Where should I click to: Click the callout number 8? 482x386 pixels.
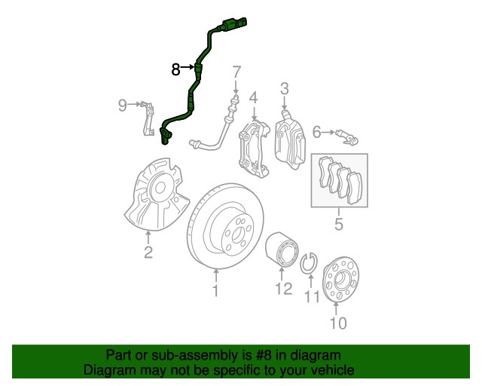click(175, 69)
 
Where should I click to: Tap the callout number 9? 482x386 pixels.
click(123, 106)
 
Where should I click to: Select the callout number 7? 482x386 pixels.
click(236, 73)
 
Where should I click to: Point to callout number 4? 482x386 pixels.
click(254, 97)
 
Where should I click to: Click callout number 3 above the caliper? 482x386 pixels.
click(285, 89)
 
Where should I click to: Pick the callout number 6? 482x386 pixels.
click(317, 133)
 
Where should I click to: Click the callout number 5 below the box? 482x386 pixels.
click(339, 223)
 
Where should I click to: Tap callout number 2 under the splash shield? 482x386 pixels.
click(148, 253)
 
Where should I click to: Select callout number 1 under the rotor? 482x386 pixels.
click(215, 290)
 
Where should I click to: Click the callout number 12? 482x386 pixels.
click(282, 289)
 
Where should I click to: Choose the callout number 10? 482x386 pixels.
click(337, 324)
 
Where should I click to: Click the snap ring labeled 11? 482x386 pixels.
click(307, 265)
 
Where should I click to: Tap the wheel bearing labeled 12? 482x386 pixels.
click(282, 250)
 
